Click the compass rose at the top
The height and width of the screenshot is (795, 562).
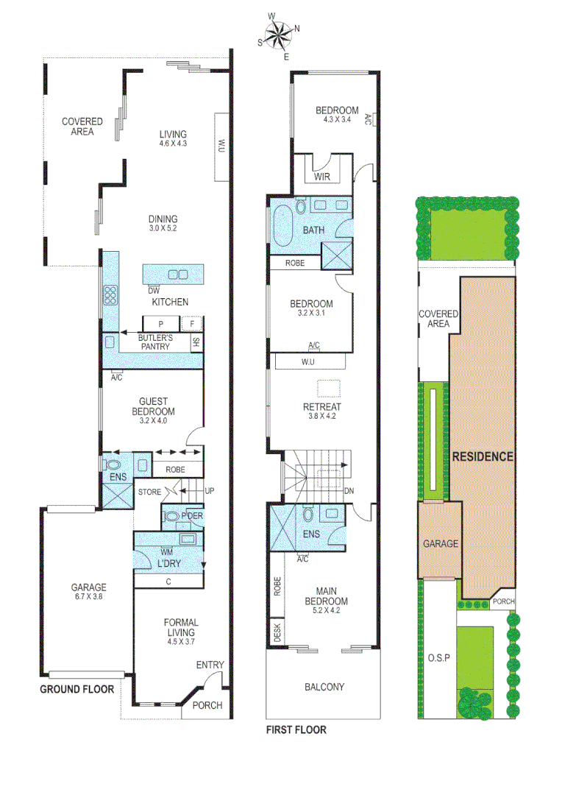point(279,35)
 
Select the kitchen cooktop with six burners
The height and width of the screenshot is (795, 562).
point(110,294)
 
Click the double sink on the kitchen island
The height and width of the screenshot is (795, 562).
point(178,275)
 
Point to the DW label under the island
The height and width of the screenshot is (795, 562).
point(153,289)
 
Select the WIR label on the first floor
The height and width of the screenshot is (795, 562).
point(321,177)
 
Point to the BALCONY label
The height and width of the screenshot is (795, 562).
point(324,687)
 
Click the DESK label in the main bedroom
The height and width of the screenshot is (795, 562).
point(277,634)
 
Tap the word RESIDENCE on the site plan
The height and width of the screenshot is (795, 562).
point(482,456)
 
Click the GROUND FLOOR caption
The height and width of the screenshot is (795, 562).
point(77,690)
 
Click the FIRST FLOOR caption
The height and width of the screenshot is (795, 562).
point(296,730)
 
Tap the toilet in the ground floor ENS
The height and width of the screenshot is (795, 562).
point(113,465)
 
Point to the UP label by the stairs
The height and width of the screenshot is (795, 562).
point(210,490)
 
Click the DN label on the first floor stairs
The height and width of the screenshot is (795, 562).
point(348,491)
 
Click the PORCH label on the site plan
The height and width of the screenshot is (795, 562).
point(504,601)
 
